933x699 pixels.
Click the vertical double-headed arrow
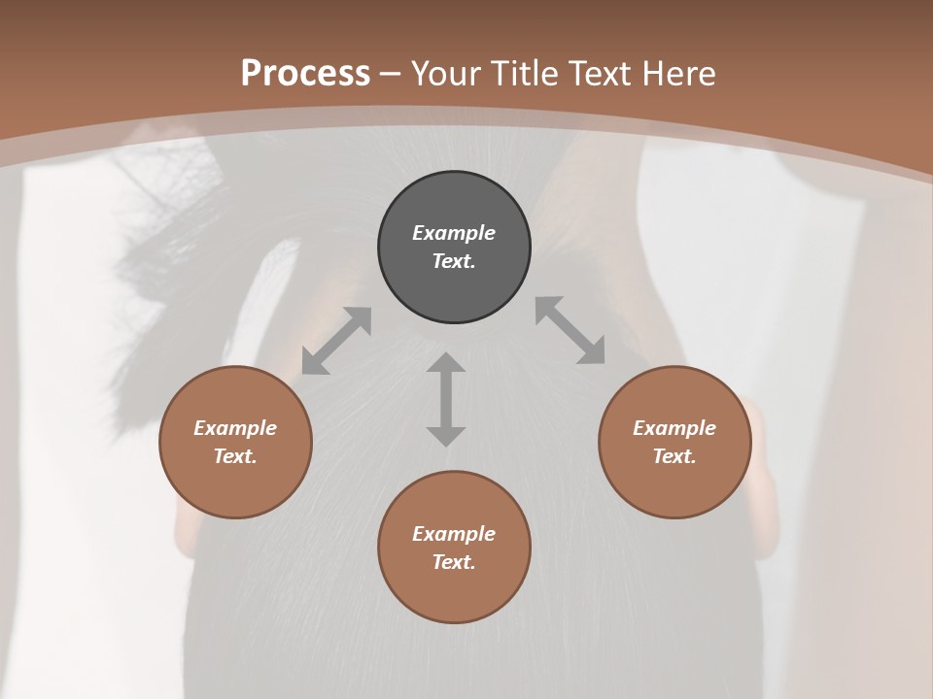(x=446, y=399)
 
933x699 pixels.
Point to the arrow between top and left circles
(x=336, y=341)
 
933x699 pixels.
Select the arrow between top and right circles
(x=570, y=330)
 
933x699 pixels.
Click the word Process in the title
(x=305, y=73)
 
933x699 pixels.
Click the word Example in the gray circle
(x=454, y=233)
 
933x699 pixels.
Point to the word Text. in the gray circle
(x=454, y=261)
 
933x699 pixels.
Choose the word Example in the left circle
(x=235, y=428)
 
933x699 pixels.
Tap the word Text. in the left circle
(x=235, y=456)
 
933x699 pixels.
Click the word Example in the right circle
(x=674, y=428)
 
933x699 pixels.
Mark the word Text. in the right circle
(x=674, y=456)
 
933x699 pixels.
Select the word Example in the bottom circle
(x=454, y=534)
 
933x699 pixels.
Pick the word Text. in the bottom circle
(x=454, y=562)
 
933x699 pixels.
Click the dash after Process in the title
(x=391, y=74)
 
